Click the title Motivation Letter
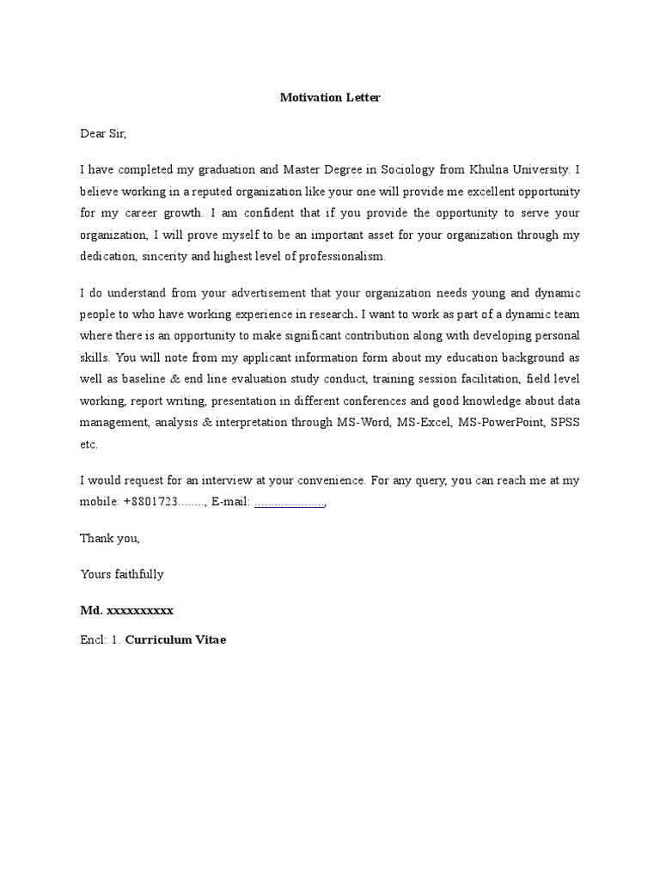tap(330, 97)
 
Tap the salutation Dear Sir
tap(103, 133)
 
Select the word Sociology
tap(409, 169)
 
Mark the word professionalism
tap(339, 256)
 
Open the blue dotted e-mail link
tap(290, 503)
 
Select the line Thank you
tap(110, 538)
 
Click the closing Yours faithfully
tap(122, 574)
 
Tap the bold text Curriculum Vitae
tap(176, 640)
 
